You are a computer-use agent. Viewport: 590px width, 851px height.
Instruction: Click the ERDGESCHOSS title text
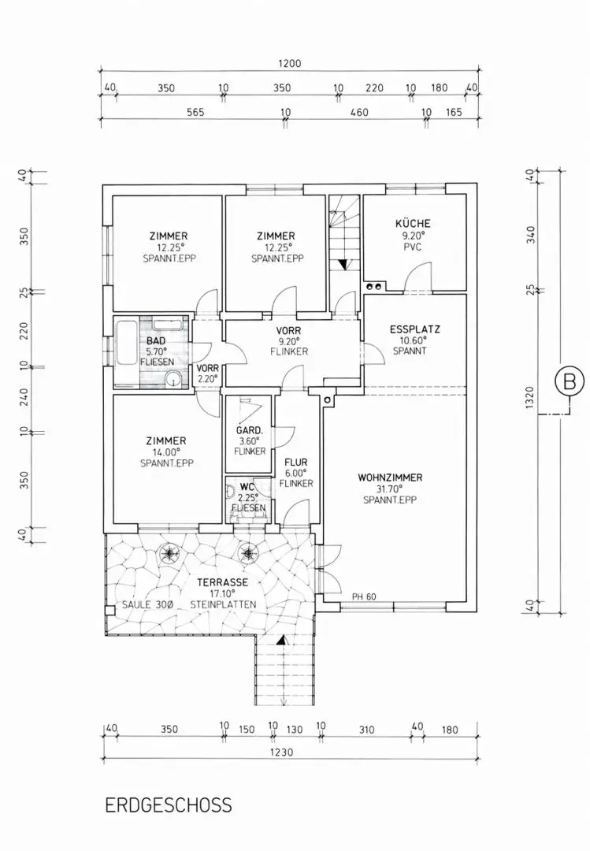pos(169,805)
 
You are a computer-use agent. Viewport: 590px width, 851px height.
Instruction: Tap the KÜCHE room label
pos(413,224)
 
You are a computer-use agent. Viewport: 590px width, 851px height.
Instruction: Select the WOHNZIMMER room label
pos(390,478)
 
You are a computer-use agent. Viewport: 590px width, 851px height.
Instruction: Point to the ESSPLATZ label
pos(414,329)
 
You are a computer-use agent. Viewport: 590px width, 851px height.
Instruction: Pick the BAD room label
pos(155,341)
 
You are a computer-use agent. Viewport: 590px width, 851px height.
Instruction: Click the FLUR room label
pos(296,463)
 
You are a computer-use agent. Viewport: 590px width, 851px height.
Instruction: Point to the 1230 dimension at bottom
pos(281,752)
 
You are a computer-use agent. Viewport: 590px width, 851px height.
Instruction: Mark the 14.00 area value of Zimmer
pos(166,452)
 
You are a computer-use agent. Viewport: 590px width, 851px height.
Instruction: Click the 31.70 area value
pos(390,489)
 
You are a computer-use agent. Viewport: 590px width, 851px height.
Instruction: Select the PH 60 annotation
pos(365,596)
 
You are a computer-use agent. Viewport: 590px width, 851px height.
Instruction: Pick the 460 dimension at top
pos(358,113)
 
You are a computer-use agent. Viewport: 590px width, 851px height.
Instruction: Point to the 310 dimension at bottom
pos(366,730)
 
